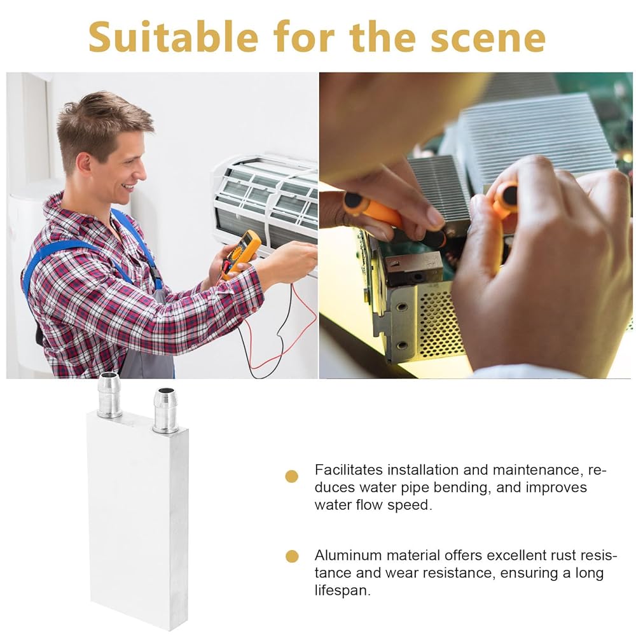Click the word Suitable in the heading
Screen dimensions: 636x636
click(x=173, y=37)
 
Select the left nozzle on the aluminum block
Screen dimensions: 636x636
click(x=109, y=396)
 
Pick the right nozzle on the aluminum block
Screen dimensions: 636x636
click(x=165, y=410)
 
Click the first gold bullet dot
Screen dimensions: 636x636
click(x=292, y=476)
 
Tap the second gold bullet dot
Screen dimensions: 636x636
click(x=292, y=556)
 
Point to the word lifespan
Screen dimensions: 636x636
click(x=343, y=590)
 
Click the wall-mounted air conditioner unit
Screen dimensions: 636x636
click(x=266, y=203)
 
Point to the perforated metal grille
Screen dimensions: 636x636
click(x=440, y=324)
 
